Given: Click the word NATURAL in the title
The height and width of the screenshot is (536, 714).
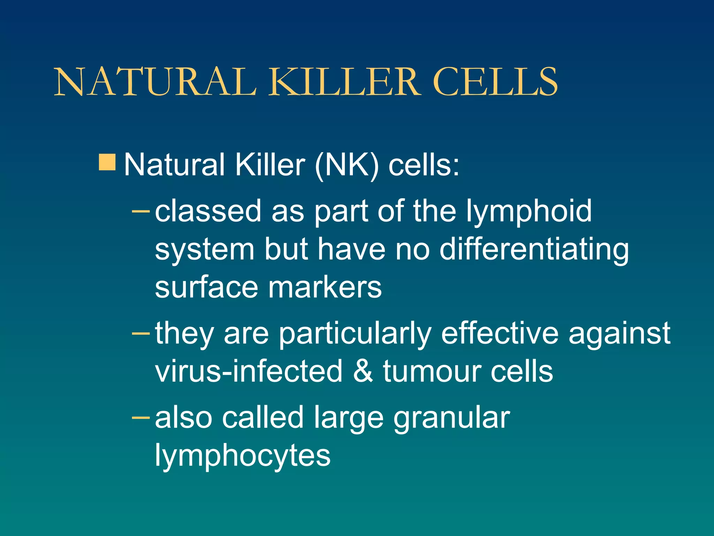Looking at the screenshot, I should [155, 82].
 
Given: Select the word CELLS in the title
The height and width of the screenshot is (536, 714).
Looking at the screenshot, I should [495, 82].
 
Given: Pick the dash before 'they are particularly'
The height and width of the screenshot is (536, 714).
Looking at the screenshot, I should [141, 333].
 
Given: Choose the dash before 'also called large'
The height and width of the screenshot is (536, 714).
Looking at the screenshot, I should [141, 417].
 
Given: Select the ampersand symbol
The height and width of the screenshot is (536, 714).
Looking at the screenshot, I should [363, 371].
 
